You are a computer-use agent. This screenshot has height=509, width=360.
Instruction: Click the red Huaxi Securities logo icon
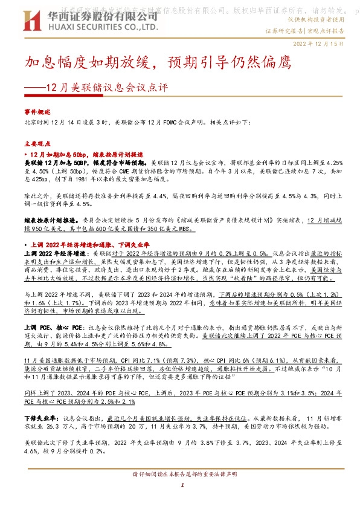coord(32,24)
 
